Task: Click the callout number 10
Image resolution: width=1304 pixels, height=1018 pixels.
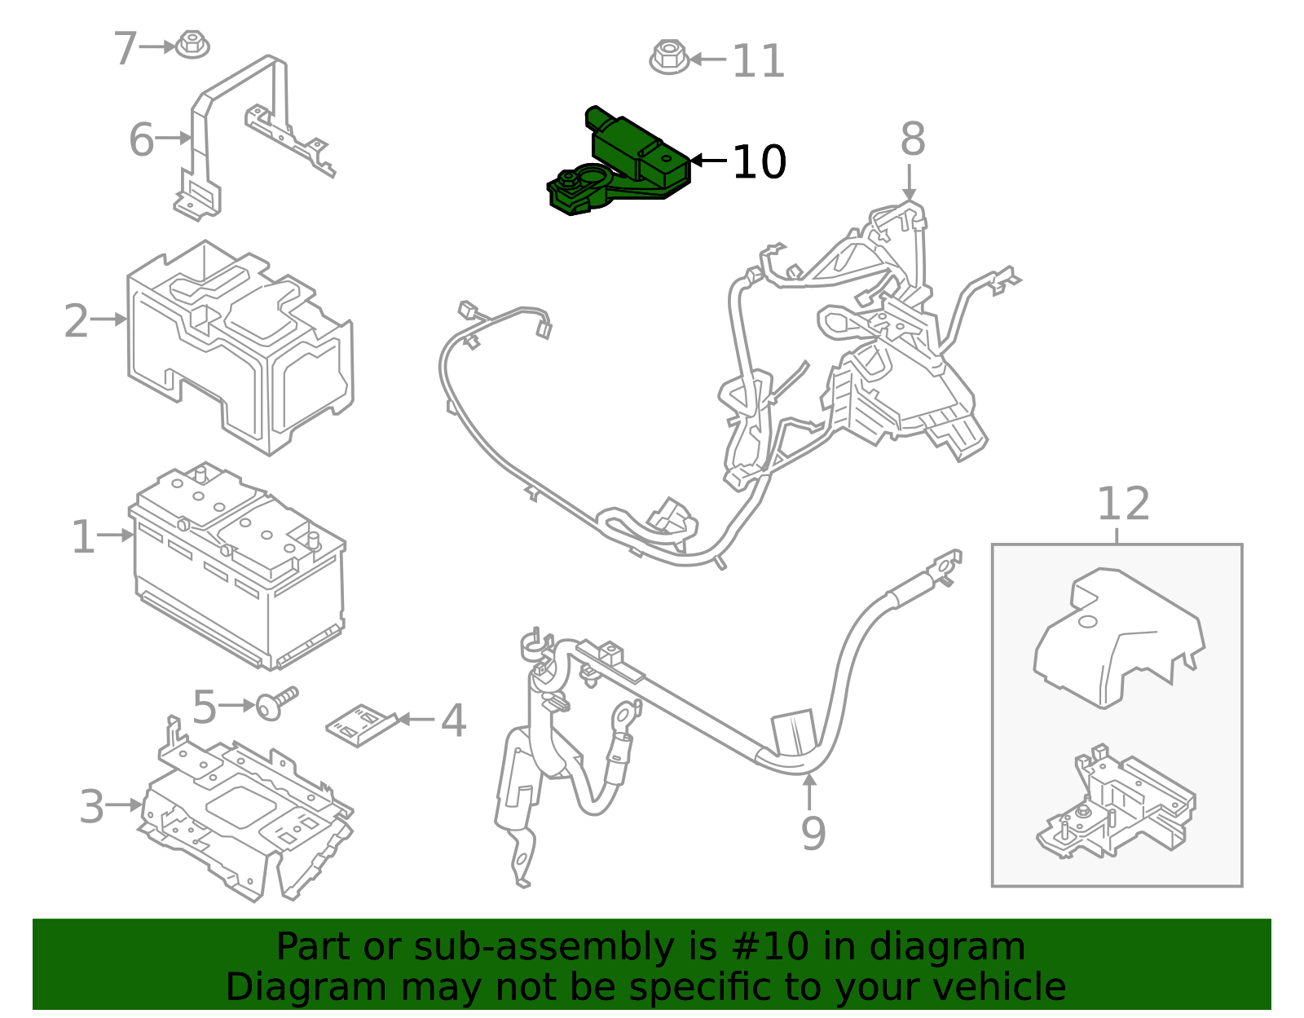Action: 759,162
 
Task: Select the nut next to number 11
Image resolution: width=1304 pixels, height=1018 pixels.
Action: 669,57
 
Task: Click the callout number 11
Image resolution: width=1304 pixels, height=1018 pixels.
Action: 758,61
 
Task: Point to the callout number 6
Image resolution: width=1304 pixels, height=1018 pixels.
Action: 141,139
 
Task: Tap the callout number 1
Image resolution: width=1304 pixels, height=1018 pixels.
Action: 82,537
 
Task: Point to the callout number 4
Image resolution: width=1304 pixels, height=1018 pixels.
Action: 453,721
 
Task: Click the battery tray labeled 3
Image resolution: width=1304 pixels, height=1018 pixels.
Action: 244,815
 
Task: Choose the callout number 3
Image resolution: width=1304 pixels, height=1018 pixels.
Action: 91,807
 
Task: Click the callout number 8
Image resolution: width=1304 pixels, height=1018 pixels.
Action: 912,139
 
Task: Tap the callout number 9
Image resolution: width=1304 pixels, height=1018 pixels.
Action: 813,833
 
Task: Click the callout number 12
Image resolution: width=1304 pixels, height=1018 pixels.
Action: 1122,505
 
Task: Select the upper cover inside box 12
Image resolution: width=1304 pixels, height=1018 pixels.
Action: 1117,636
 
